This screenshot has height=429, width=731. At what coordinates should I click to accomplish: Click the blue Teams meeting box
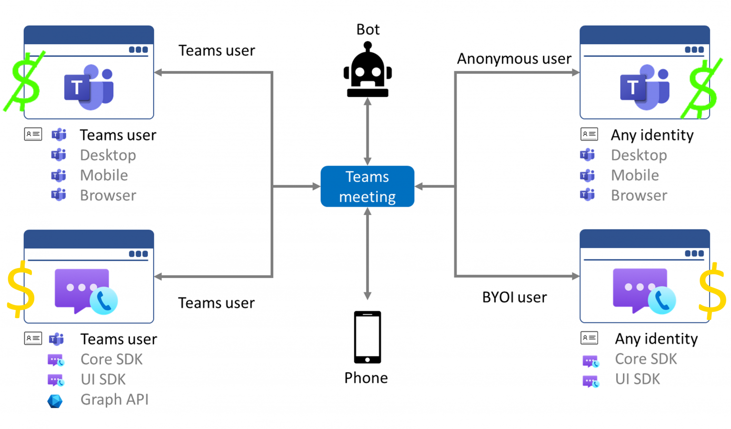(367, 186)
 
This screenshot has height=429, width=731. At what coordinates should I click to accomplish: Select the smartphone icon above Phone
(367, 337)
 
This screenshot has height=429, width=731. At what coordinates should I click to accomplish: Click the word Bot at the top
(368, 30)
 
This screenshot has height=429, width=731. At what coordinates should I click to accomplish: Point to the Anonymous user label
(514, 59)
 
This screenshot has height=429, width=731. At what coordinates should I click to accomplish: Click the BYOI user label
(514, 297)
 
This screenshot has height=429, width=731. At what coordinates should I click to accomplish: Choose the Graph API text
(114, 399)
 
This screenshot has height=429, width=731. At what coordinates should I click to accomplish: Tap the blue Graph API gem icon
(55, 401)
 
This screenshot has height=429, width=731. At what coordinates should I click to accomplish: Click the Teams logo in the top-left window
(89, 87)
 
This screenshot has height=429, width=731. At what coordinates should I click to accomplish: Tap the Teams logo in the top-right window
(644, 87)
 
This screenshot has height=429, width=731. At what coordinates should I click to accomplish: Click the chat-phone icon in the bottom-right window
(644, 291)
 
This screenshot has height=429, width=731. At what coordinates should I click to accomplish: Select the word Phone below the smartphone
(366, 378)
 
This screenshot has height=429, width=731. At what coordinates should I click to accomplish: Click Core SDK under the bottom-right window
(645, 359)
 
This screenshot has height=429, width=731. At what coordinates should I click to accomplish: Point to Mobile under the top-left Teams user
(104, 175)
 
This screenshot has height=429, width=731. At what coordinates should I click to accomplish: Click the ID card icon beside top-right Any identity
(589, 134)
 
